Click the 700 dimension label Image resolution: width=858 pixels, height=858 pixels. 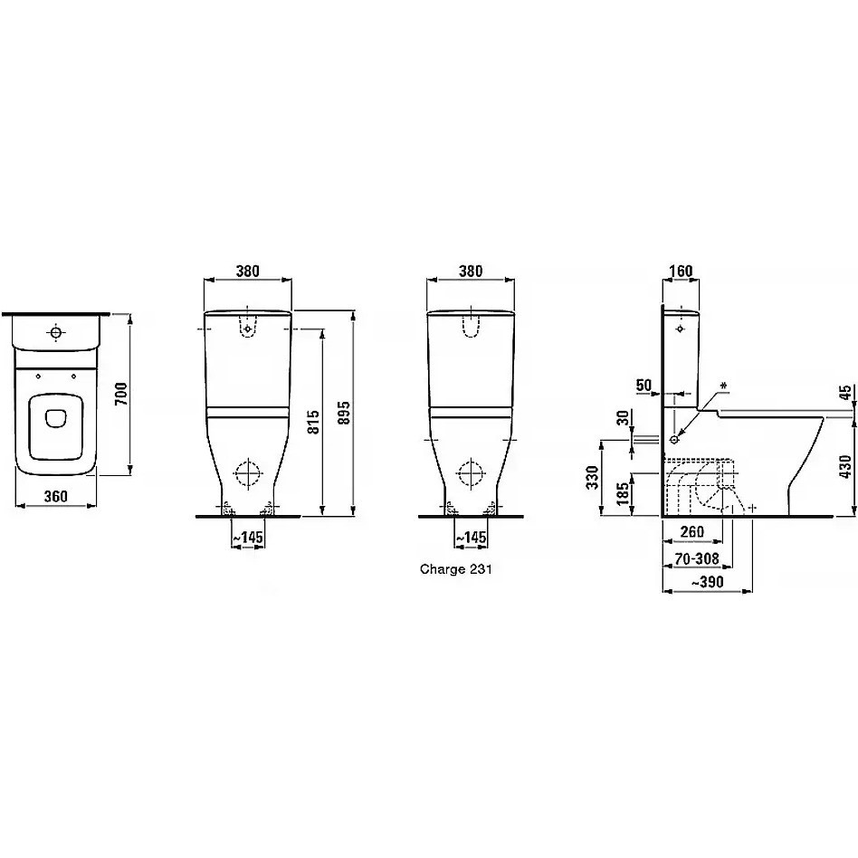[121, 394]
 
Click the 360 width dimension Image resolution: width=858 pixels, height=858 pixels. [56, 496]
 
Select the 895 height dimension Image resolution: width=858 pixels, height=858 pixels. [343, 413]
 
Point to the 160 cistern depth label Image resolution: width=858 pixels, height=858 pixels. [681, 271]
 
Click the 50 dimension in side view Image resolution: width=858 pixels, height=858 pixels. [644, 386]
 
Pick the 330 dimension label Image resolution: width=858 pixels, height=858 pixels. [592, 477]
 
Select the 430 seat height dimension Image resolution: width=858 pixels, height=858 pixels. [845, 467]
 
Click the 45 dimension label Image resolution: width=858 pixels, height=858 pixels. [845, 393]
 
